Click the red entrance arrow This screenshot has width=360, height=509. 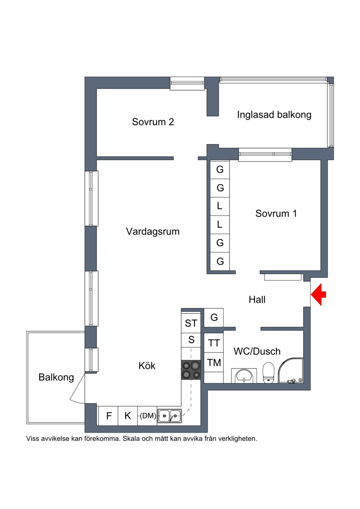tap(319, 294)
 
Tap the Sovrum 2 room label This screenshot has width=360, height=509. tap(153, 122)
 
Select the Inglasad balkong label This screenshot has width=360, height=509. tap(274, 115)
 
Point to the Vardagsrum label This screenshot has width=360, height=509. tap(153, 231)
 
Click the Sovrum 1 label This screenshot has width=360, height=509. tap(276, 213)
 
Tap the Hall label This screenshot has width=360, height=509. tap(257, 299)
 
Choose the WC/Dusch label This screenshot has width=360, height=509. tap(257, 351)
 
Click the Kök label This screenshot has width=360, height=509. tap(147, 365)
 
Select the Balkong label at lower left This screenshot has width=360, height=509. tap(56, 377)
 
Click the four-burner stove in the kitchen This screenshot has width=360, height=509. tap(191, 370)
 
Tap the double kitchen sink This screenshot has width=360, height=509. tap(170, 415)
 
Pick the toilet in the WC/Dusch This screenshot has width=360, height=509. tap(269, 373)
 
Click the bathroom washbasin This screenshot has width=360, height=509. tap(244, 376)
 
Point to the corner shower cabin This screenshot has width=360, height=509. tap(291, 370)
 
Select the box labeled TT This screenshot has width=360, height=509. tap(214, 343)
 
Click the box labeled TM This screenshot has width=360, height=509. tap(214, 362)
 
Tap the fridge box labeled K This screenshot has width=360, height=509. tap(127, 415)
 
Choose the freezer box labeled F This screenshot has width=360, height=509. tap(108, 415)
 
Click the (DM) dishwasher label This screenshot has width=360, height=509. tap(148, 415)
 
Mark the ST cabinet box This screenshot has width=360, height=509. tap(191, 323)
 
